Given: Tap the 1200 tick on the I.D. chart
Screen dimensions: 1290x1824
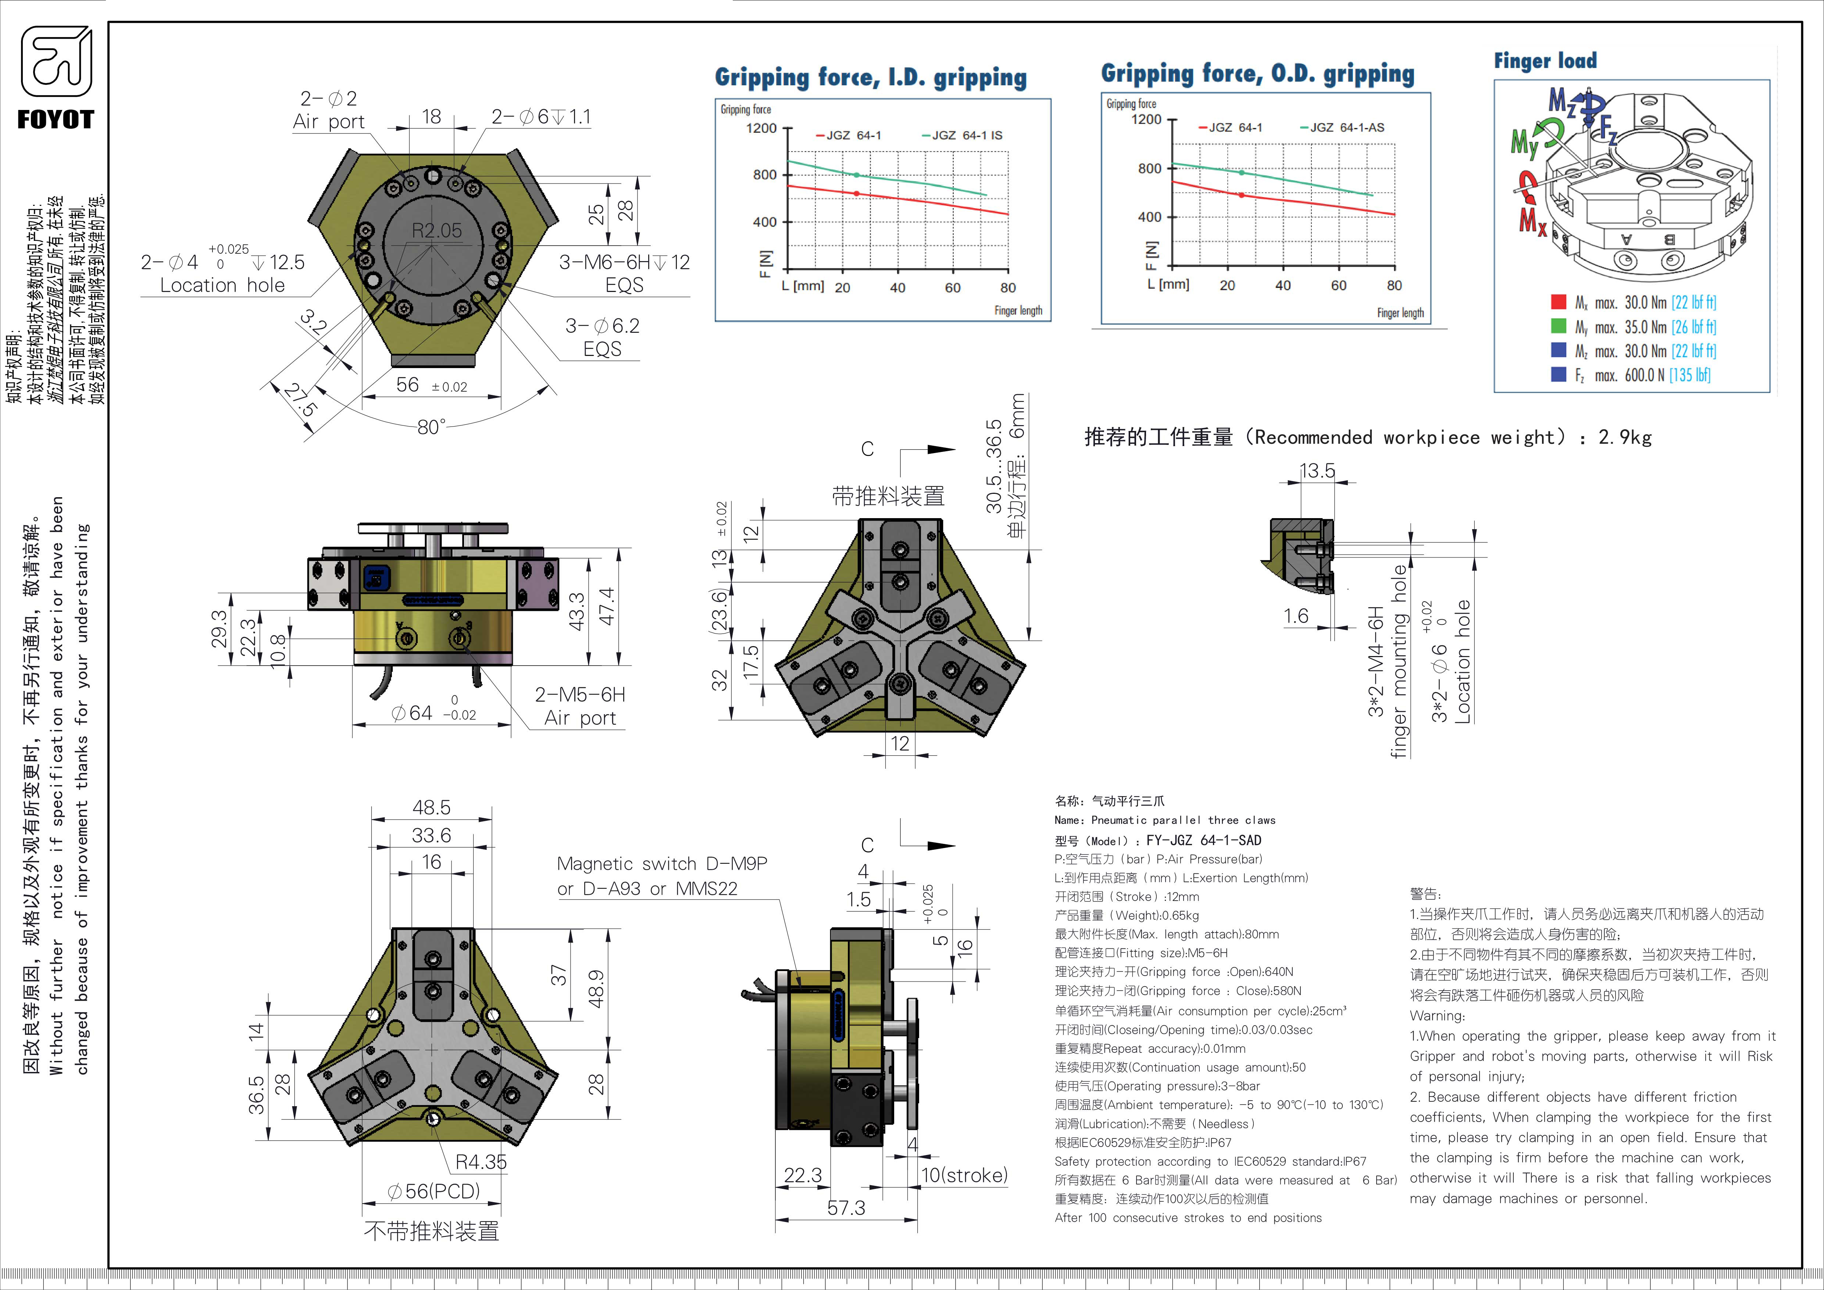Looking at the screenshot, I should [x=761, y=129].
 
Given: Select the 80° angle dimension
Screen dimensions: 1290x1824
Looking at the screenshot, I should [x=431, y=427].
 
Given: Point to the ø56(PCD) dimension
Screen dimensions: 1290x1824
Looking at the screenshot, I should [x=434, y=1191].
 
